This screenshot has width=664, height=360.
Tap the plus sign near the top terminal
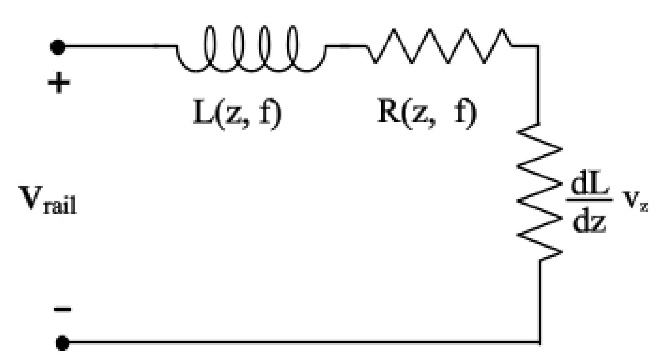(x=59, y=82)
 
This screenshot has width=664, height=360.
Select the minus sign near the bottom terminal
(x=63, y=309)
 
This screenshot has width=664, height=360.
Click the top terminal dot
(x=58, y=47)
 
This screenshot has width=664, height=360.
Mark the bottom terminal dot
(x=63, y=343)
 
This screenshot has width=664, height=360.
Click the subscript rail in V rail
(x=60, y=206)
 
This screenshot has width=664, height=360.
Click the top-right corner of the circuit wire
(x=538, y=47)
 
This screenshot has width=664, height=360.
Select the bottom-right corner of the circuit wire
(x=540, y=342)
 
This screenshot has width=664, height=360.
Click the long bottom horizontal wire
(x=300, y=342)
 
